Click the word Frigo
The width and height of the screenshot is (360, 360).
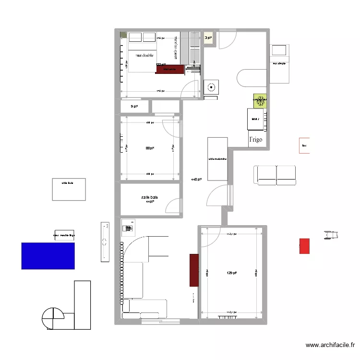(255, 139)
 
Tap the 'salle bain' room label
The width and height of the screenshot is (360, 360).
(149, 197)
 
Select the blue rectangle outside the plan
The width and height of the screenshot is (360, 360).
(48, 255)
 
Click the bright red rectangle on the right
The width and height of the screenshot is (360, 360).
(304, 246)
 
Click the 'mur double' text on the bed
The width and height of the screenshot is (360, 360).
(144, 55)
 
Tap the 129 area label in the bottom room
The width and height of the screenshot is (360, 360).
(232, 273)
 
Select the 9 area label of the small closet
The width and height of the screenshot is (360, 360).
(134, 107)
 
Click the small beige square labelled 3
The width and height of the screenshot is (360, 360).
(208, 38)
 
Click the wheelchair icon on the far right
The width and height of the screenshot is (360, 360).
(332, 234)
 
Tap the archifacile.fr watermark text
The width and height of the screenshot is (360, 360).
(330, 345)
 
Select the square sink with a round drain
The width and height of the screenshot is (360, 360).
(211, 88)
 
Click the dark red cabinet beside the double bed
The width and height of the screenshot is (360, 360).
(169, 69)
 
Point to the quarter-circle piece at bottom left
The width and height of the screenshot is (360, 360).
(53, 318)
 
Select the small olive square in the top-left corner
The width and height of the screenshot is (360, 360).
(123, 35)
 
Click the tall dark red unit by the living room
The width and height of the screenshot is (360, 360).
(194, 270)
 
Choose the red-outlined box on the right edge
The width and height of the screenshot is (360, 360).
(304, 145)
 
